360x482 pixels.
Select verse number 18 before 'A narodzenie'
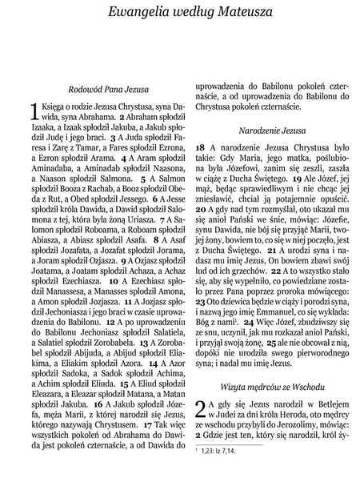coord(201,149)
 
